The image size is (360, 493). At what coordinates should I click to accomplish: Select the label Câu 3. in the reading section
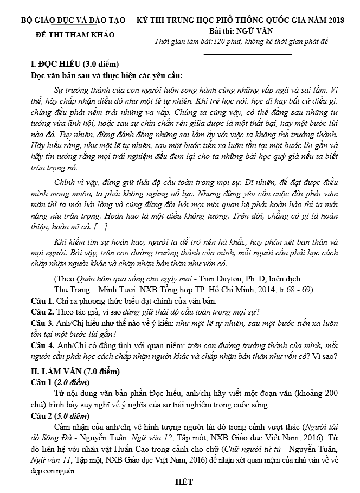tap(41, 322)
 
